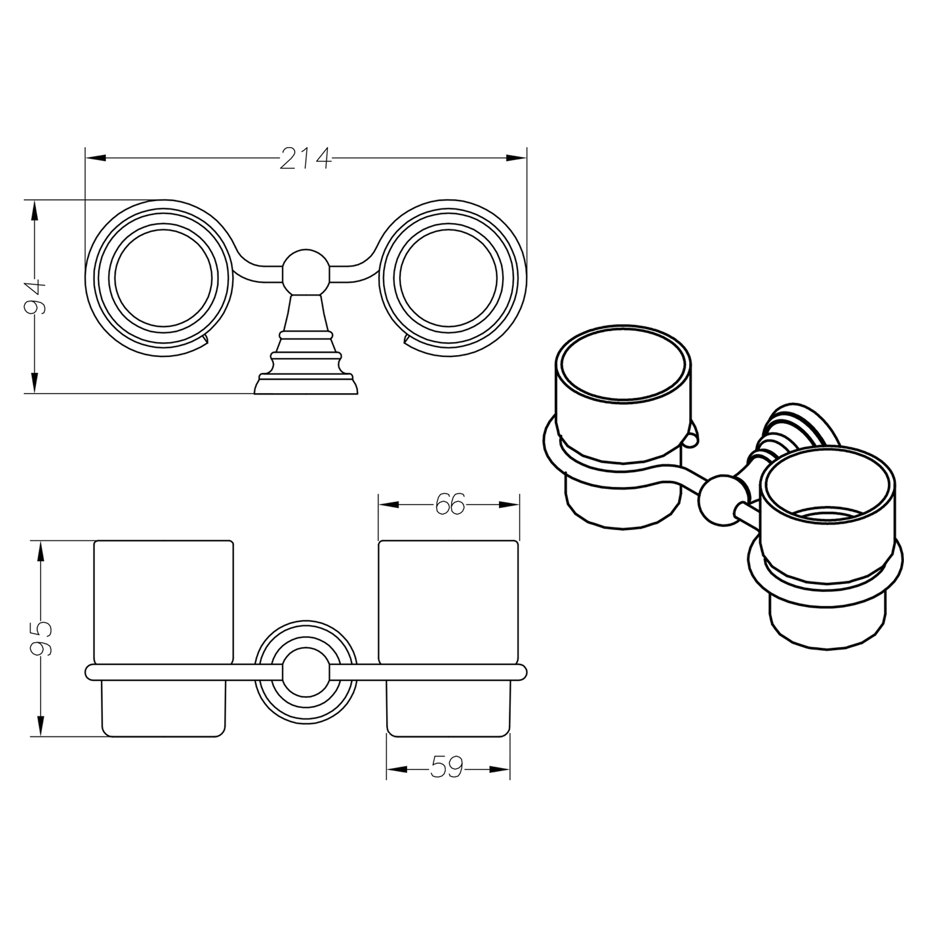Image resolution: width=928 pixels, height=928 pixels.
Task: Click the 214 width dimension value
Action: click(306, 158)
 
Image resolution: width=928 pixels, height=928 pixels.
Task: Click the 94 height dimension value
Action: click(35, 296)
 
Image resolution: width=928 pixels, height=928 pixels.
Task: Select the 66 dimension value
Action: click(450, 505)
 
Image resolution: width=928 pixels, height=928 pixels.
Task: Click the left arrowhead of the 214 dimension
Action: click(96, 158)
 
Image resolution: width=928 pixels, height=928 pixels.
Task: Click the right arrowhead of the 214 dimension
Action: click(517, 158)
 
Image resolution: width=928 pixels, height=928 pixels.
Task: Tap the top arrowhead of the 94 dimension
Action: click(34, 210)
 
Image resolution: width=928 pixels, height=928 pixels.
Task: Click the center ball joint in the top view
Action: click(306, 272)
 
